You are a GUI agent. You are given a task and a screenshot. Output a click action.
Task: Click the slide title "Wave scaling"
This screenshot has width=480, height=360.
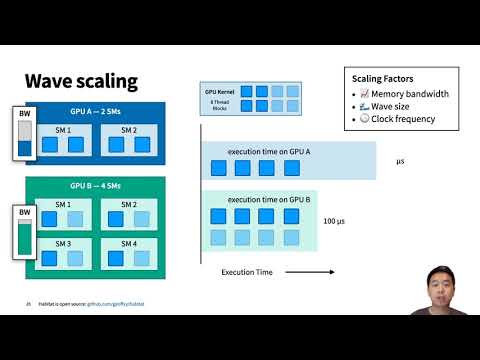coord(81,81)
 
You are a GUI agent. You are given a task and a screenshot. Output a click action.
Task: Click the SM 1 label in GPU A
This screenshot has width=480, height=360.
coord(61,130)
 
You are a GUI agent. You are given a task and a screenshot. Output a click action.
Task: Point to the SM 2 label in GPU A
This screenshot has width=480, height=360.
coord(128,130)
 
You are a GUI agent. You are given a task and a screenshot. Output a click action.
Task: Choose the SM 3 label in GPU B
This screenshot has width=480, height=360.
coord(61,243)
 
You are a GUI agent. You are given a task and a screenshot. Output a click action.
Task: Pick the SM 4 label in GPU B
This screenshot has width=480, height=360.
coord(128,243)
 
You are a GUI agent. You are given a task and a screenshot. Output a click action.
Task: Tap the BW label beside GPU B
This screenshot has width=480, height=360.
coord(25,213)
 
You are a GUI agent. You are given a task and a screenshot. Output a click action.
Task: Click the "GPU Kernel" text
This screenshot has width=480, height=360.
coord(218,91)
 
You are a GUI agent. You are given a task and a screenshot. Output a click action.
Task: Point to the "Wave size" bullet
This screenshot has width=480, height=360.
coord(389,107)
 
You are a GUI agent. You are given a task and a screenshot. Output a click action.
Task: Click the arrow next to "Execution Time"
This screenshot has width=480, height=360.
coord(294,272)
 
